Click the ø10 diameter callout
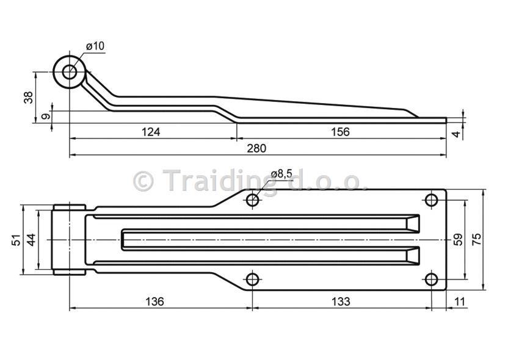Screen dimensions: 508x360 (x=95, y=46)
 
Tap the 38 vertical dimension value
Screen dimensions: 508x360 (x=29, y=97)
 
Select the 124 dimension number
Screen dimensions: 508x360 (x=151, y=132)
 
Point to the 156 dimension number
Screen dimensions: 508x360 (x=341, y=132)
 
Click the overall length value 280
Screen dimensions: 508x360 (x=256, y=148)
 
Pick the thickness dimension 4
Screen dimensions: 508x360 (x=456, y=133)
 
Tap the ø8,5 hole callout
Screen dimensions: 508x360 (x=282, y=174)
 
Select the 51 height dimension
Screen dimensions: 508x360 (x=16, y=240)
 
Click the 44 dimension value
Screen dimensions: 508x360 (x=31, y=240)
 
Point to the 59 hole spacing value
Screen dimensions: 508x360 (x=458, y=240)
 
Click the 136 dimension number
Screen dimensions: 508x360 (x=154, y=301)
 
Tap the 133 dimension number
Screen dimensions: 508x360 (x=341, y=301)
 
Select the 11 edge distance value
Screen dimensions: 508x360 (x=460, y=301)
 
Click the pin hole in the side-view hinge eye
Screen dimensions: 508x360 (x=70, y=72)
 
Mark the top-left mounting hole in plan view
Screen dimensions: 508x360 (x=253, y=200)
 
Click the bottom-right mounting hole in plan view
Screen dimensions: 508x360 (x=431, y=279)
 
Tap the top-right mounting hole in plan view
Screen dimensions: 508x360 (x=431, y=200)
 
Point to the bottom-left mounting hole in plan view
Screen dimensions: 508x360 (x=253, y=279)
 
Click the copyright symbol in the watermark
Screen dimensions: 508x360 (x=143, y=181)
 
